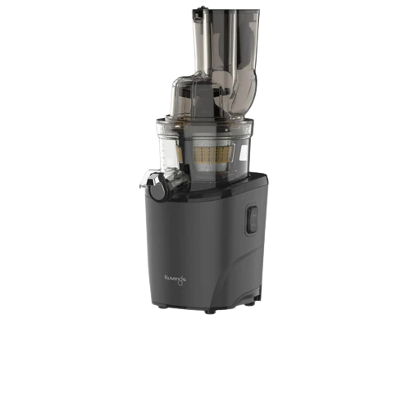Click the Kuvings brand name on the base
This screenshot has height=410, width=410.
175,278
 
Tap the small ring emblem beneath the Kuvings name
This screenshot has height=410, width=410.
180,283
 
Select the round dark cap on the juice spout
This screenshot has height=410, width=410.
158,189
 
